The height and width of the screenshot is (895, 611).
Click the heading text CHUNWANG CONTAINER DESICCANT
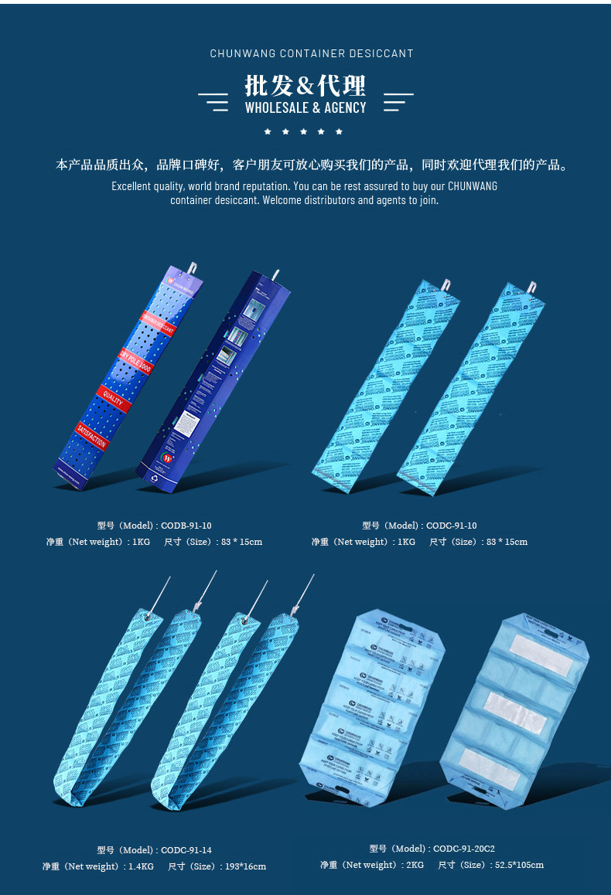pyautogui.click(x=312, y=53)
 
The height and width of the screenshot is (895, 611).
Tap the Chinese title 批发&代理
pyautogui.click(x=305, y=85)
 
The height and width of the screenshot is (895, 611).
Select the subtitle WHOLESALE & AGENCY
pyautogui.click(x=305, y=108)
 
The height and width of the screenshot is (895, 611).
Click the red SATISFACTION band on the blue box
pyautogui.click(x=92, y=437)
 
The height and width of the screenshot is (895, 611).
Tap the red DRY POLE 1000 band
pyautogui.click(x=135, y=361)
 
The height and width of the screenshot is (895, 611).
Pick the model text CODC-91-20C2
pyautogui.click(x=464, y=849)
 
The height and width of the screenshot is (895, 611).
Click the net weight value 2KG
pyautogui.click(x=415, y=865)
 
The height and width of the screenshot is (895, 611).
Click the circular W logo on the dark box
pyautogui.click(x=166, y=458)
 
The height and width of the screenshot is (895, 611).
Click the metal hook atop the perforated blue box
pyautogui.click(x=193, y=268)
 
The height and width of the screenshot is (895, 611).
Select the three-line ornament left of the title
pyautogui.click(x=213, y=102)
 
